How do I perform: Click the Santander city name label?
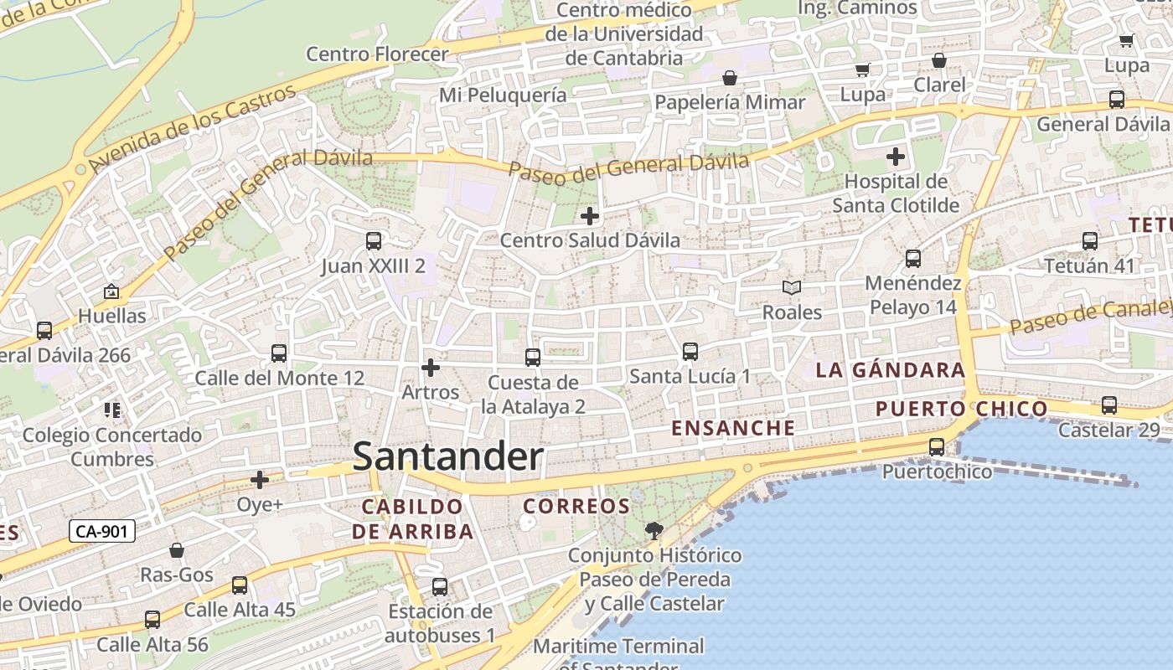[x=448, y=457]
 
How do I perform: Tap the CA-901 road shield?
[x=101, y=531]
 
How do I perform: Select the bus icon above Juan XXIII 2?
[x=374, y=241]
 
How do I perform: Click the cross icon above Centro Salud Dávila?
[x=590, y=216]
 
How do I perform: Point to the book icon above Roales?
[x=792, y=287]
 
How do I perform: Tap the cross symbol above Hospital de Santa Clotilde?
[x=896, y=156]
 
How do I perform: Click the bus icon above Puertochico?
[x=937, y=447]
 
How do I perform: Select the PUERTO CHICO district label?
[x=961, y=409]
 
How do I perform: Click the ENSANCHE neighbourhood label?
[x=733, y=428]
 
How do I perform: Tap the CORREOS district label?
[x=576, y=506]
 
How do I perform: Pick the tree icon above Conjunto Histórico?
[x=654, y=530]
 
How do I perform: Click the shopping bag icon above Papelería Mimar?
[x=730, y=78]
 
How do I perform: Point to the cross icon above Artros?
[x=431, y=367]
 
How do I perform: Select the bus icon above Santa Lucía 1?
[x=690, y=352]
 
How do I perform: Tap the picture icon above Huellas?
[x=111, y=291]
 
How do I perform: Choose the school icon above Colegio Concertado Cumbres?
[x=112, y=410]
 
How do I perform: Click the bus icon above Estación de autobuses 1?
[x=440, y=587]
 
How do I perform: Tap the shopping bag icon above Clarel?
[x=939, y=60]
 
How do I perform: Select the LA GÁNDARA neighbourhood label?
[x=891, y=370]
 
